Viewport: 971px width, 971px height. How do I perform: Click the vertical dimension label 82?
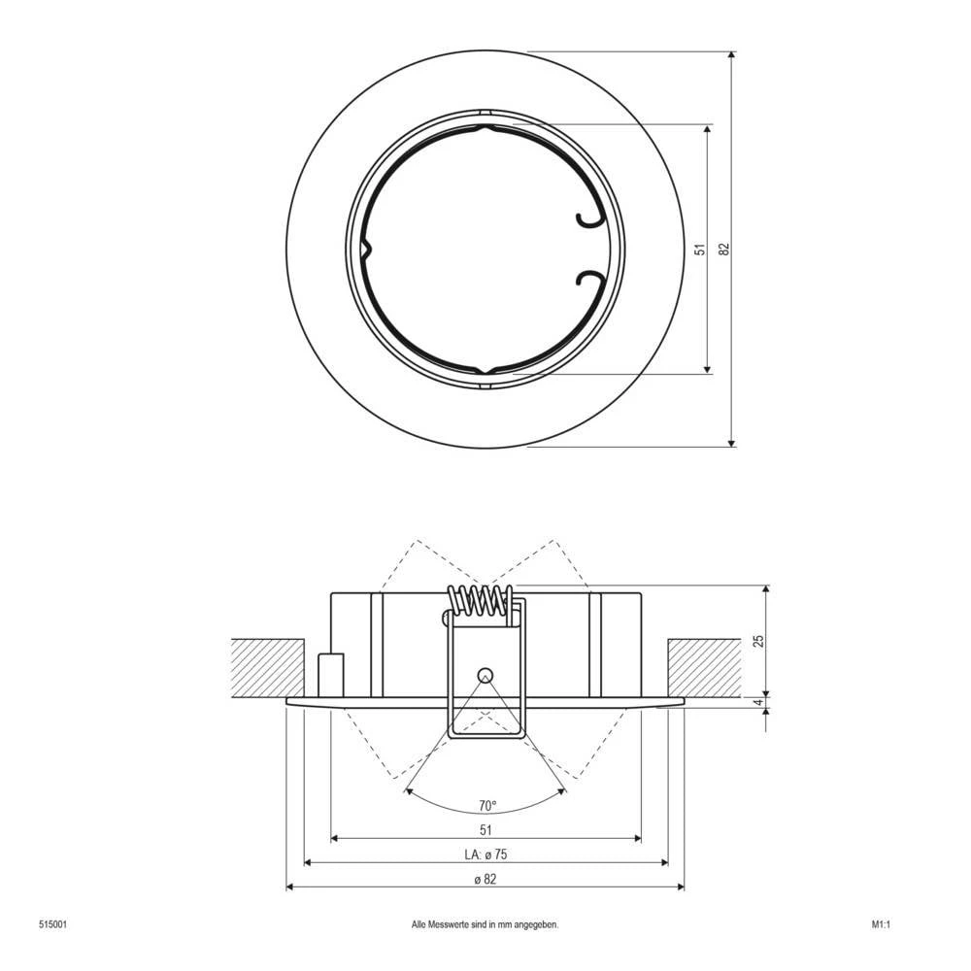(x=723, y=250)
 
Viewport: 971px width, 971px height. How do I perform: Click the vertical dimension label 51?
(x=699, y=250)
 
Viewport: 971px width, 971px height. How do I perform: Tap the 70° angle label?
(x=486, y=805)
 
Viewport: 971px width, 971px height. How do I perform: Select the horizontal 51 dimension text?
(x=486, y=829)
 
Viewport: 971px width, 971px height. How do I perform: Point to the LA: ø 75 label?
(x=486, y=854)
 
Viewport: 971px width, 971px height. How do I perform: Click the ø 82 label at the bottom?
(x=486, y=880)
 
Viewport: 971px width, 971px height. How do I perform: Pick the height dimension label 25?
(x=759, y=641)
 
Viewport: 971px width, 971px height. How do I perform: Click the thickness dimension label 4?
(x=759, y=703)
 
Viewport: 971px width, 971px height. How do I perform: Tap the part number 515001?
(x=52, y=925)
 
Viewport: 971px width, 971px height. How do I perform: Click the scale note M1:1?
(x=881, y=925)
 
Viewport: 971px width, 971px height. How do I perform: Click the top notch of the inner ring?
(x=485, y=121)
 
